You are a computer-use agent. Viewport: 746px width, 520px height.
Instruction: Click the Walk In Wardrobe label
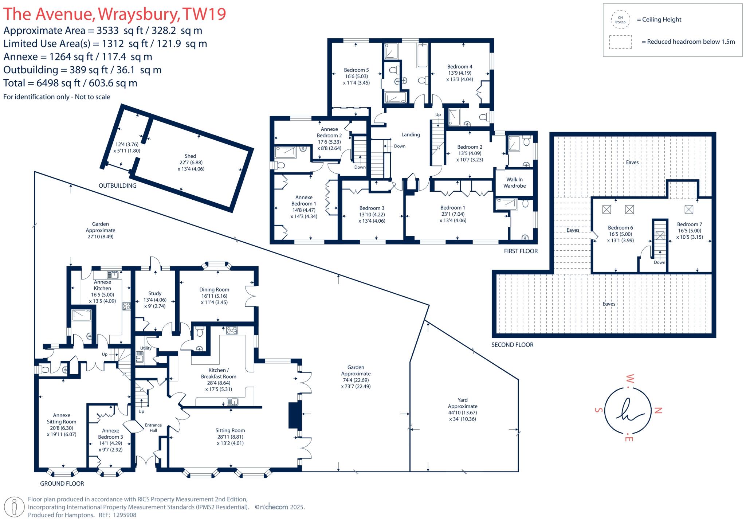514,183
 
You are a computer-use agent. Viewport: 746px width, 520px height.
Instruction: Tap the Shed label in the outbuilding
190,156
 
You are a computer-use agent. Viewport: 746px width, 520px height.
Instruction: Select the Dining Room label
214,290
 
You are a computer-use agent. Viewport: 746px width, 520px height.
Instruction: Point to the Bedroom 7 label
689,224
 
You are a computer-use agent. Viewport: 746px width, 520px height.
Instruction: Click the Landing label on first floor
411,134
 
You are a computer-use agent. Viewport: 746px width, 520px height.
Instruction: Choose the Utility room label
146,348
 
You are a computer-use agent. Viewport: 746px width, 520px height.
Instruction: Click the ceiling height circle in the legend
620,20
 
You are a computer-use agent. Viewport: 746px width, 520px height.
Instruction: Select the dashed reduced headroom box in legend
620,42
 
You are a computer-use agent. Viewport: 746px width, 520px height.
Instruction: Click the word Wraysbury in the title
138,14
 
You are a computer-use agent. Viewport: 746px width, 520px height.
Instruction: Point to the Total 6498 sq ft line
70,83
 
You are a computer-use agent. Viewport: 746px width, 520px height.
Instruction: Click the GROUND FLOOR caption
62,484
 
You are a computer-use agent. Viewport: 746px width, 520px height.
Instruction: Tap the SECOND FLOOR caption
512,345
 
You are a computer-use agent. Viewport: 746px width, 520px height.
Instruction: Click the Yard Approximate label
463,403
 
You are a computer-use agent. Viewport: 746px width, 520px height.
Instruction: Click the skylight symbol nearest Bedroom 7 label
688,210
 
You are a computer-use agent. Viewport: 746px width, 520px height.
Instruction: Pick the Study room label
155,293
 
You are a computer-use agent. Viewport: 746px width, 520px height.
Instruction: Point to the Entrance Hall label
153,427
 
